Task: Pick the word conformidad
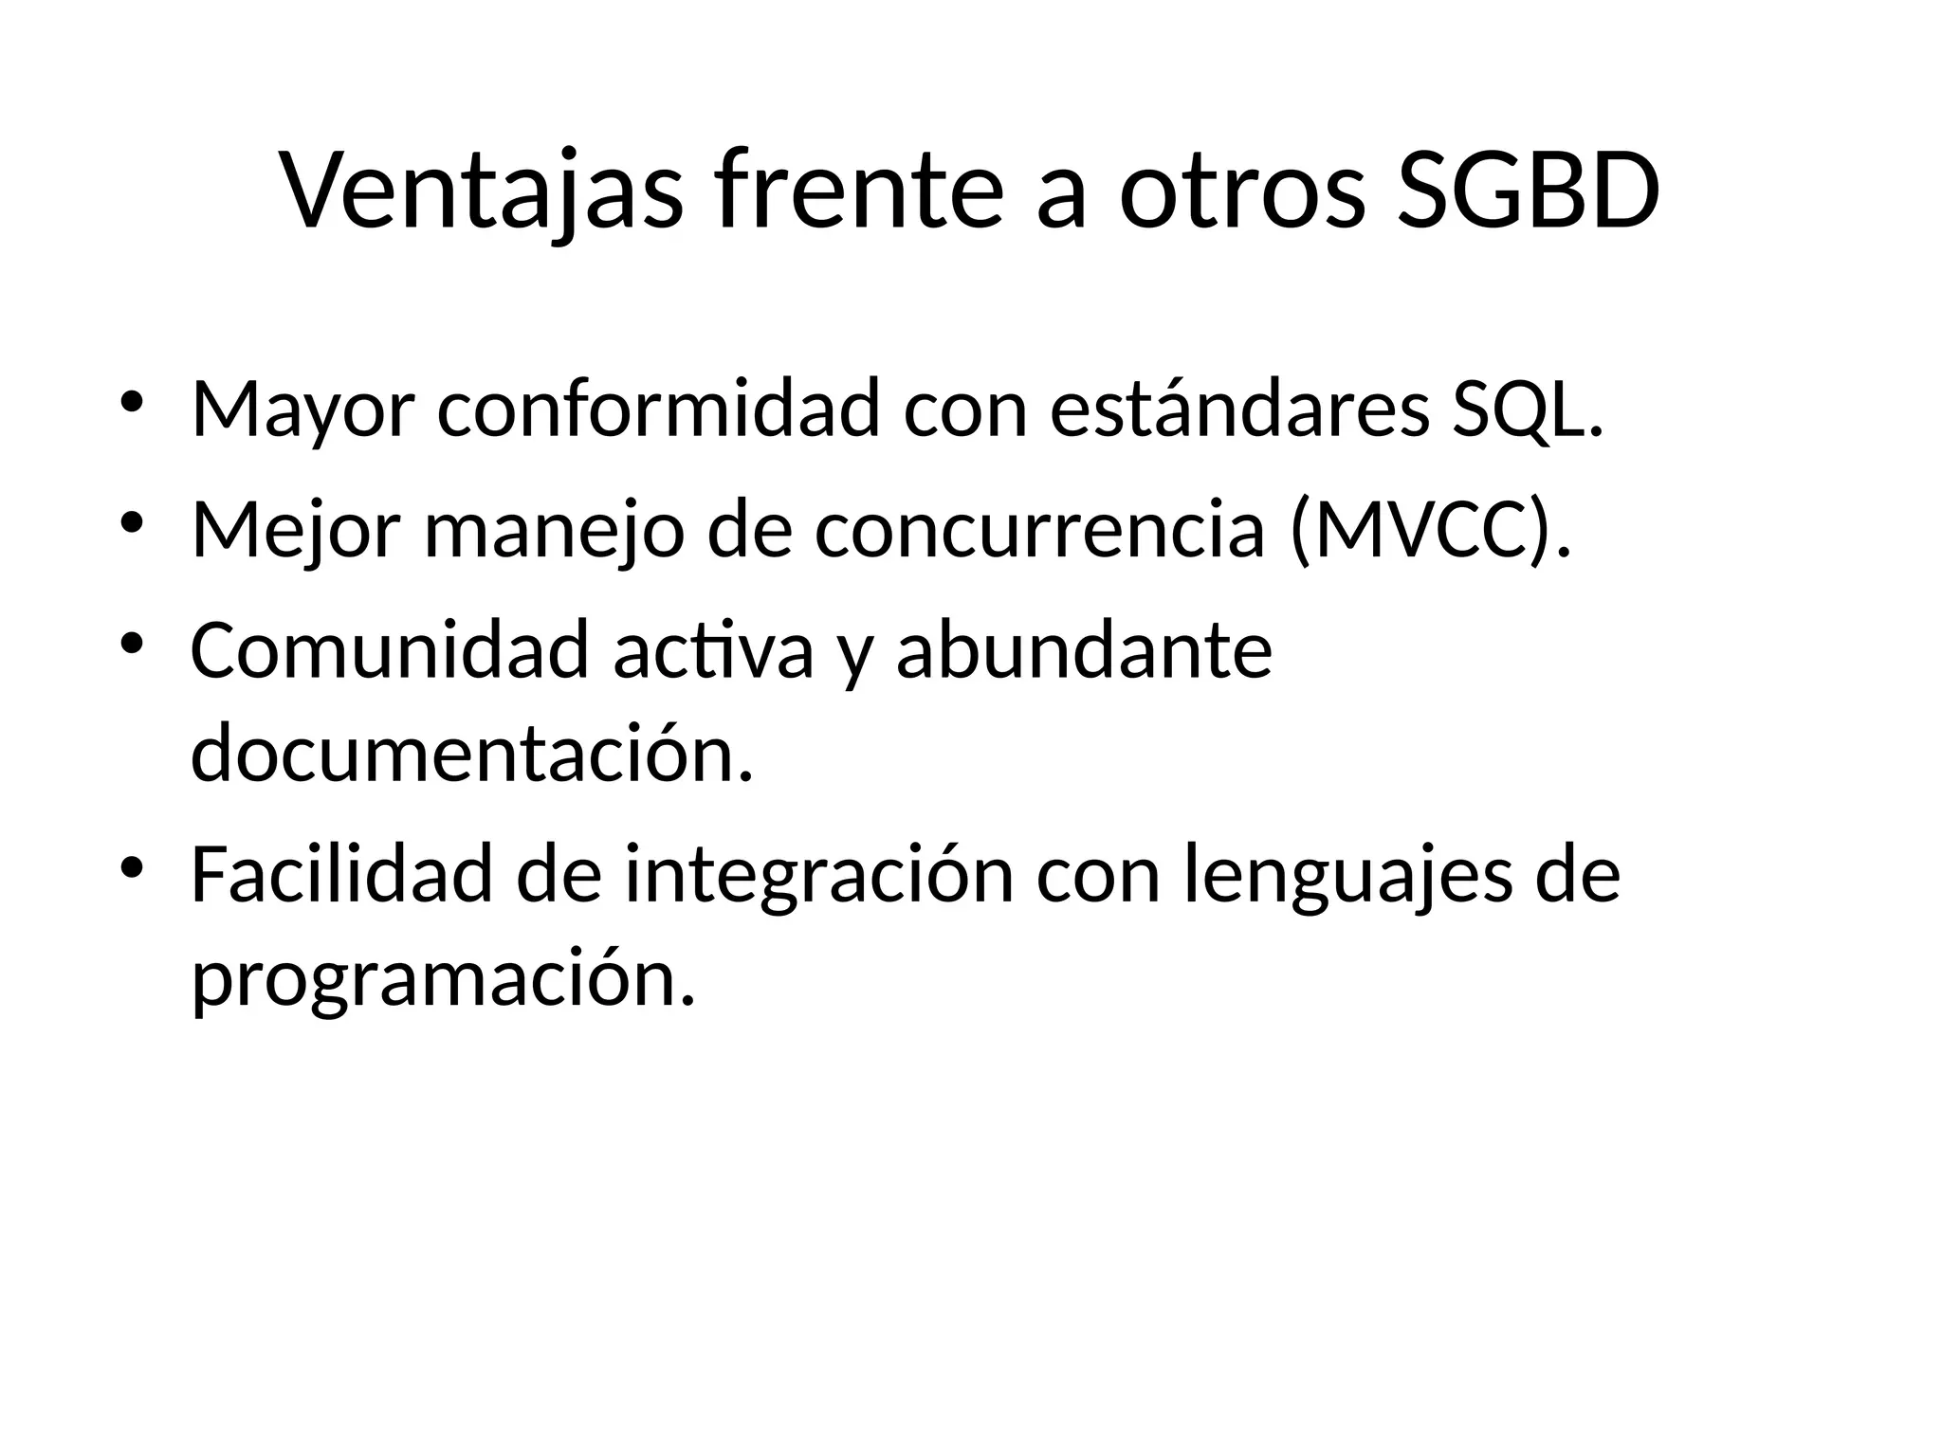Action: [x=658, y=409]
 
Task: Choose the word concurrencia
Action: [x=1039, y=529]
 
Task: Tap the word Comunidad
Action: [x=390, y=650]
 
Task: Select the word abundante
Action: [x=1084, y=650]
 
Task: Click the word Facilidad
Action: [x=341, y=875]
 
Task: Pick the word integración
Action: [x=819, y=875]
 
